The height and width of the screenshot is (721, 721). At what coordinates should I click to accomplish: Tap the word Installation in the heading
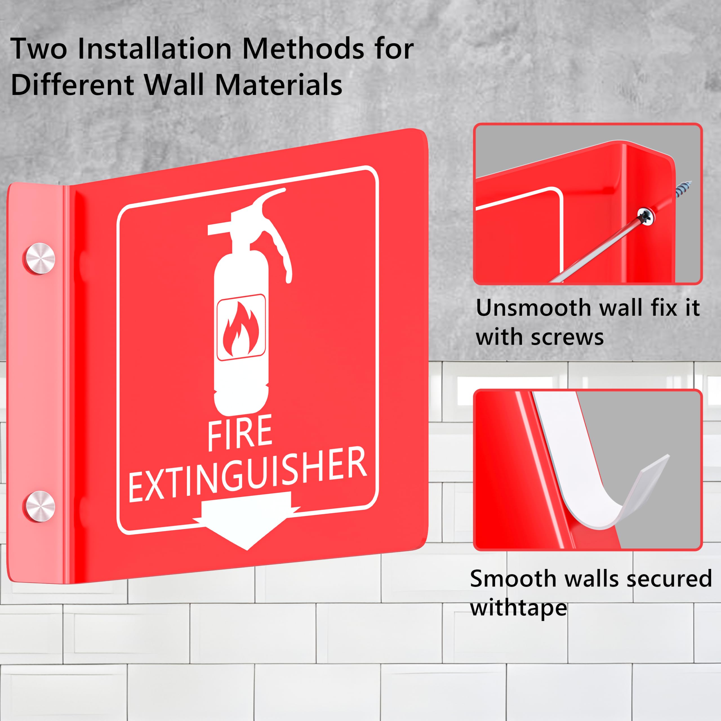point(155,49)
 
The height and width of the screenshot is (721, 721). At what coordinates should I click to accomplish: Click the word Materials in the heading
point(278,85)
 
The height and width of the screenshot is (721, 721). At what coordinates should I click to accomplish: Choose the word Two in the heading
point(39,49)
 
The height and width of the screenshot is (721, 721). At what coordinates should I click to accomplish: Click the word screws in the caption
point(567,337)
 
